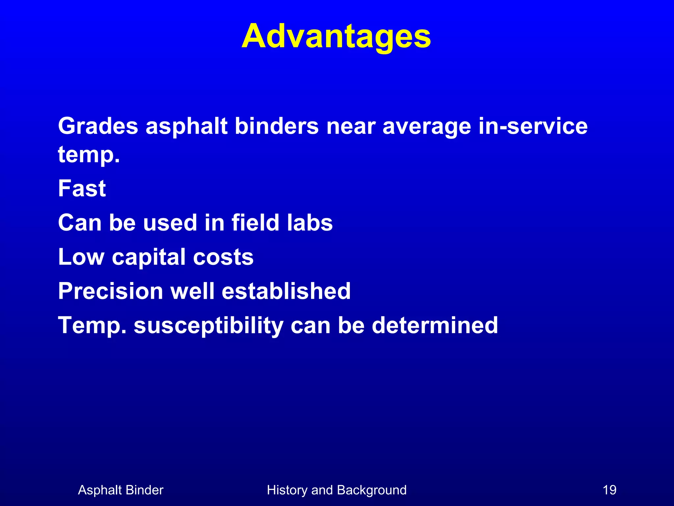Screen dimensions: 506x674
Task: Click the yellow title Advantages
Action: point(336,37)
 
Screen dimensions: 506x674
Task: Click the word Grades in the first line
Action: point(98,126)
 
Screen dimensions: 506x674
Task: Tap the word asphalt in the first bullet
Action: point(186,126)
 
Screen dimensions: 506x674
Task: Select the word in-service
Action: point(533,126)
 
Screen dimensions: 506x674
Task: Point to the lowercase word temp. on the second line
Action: point(89,155)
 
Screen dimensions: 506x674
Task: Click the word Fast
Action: point(82,188)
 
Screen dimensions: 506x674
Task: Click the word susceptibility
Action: point(208,326)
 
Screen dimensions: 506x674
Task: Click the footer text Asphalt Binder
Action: point(120,490)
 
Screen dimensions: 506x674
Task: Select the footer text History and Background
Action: point(337,490)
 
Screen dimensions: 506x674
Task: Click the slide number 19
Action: point(609,490)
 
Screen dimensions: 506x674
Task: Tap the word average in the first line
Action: point(427,127)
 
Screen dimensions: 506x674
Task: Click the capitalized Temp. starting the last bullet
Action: point(92,326)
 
